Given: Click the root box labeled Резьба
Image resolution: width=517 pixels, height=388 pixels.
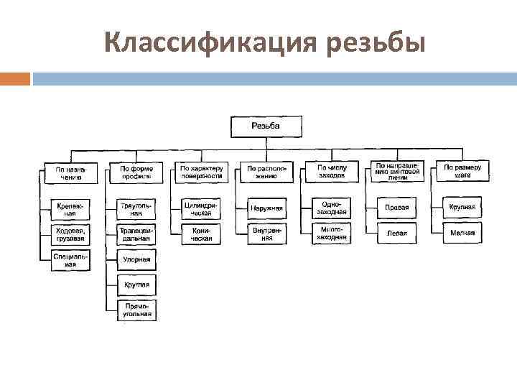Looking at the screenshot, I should coord(266,126).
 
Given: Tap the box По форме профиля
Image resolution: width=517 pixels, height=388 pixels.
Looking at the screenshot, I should coord(136,172).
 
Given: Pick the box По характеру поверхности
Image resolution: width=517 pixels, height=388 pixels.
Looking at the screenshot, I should coord(201,172).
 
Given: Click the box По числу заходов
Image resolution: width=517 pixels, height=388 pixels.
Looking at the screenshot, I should coord(330,171).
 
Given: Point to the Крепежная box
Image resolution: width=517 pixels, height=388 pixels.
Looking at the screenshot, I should coord(70,209).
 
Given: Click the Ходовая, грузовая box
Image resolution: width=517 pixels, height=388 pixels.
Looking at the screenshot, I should coord(70,234).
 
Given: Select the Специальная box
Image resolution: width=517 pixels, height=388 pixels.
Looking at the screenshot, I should coord(70,259).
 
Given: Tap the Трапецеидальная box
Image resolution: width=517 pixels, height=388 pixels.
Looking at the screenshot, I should coord(136,234).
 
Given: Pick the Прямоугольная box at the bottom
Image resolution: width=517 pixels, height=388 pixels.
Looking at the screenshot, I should coord(136,310).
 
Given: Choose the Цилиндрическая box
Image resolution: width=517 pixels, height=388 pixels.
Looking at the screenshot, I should coord(200,208).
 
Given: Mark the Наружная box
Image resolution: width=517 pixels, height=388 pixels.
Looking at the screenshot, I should coord(266,208).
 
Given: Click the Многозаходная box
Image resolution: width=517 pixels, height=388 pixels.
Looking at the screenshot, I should coord(330,234).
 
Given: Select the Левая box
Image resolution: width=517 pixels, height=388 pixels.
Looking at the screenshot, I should coord(397,233).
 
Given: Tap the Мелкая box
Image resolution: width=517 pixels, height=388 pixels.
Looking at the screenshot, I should coord(462,233).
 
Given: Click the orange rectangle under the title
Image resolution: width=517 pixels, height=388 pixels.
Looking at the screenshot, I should coord(15,78).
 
